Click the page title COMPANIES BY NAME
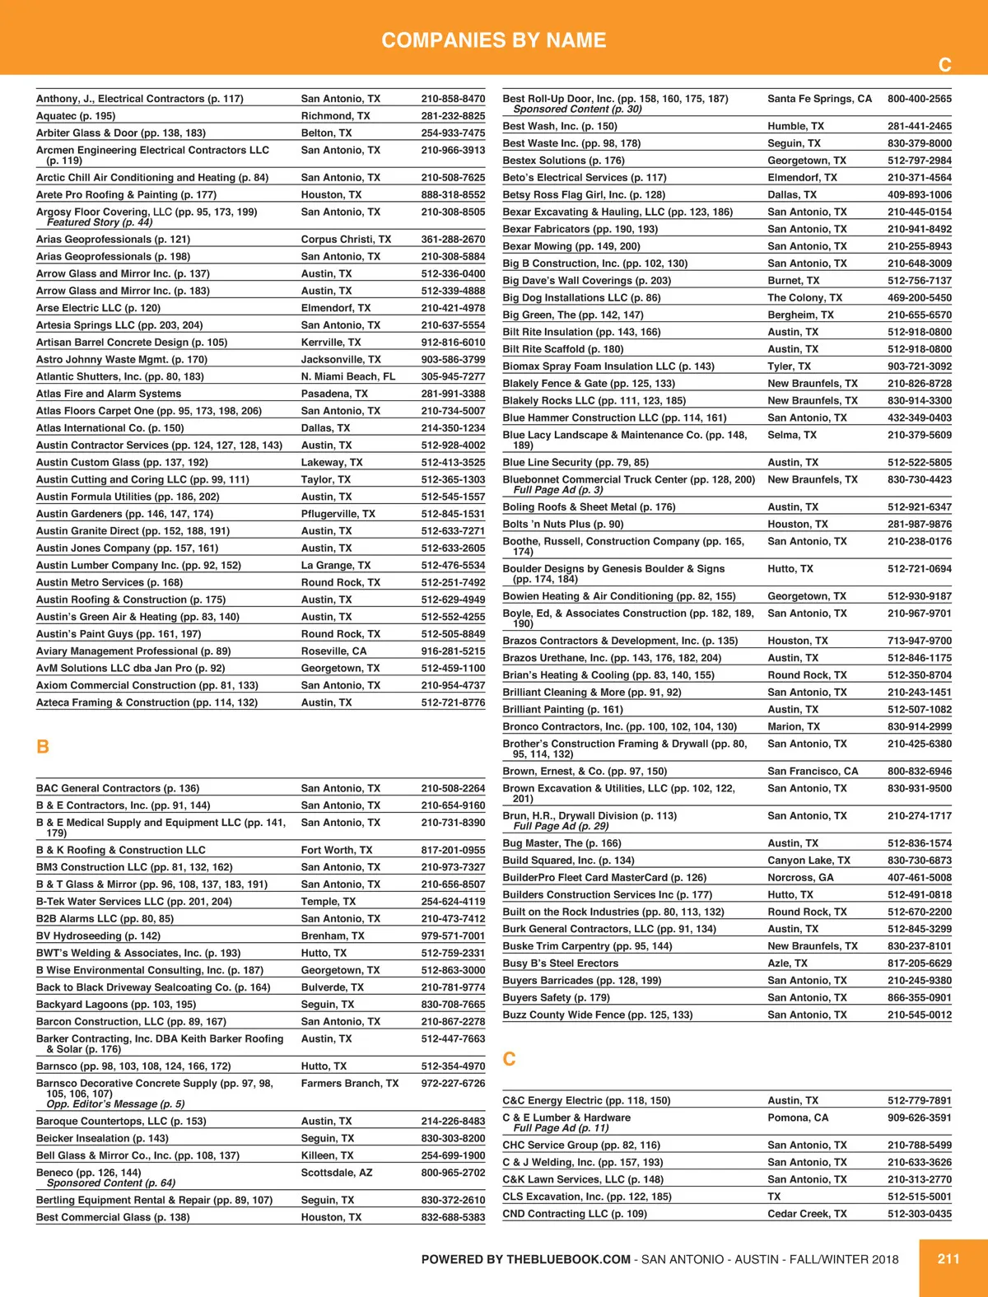pos(494,40)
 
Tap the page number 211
pos(948,1258)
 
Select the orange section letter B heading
pos(43,747)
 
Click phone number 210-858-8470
pos(453,99)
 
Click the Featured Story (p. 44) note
pos(100,222)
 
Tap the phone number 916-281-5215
pos(453,651)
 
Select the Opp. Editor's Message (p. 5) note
pos(115,1103)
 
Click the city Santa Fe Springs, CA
pos(819,99)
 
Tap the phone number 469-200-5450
pos(919,298)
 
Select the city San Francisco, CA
pos(813,772)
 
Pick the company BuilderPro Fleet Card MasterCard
pos(604,878)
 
